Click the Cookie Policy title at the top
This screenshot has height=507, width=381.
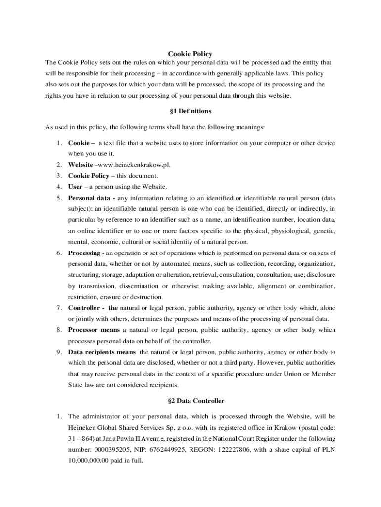click(x=190, y=54)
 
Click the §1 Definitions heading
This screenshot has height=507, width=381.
click(x=190, y=111)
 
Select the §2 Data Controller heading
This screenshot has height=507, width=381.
click(x=190, y=401)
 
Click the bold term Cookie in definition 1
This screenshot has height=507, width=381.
click(x=79, y=143)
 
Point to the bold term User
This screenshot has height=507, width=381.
click(x=75, y=187)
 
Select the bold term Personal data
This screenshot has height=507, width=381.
click(x=89, y=198)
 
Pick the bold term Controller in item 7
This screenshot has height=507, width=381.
click(x=85, y=308)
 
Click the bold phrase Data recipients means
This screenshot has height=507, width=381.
click(x=102, y=352)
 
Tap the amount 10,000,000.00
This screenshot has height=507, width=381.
click(x=88, y=460)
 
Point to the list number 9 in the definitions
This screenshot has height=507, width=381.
click(x=58, y=352)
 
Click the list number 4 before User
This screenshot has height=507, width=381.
click(x=58, y=187)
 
